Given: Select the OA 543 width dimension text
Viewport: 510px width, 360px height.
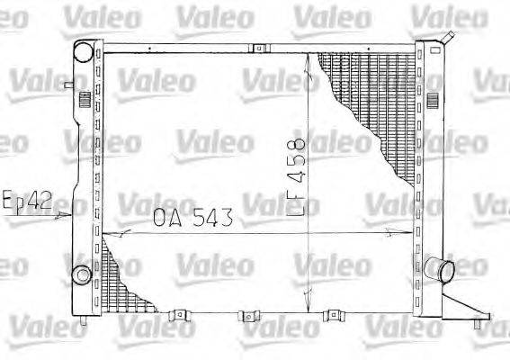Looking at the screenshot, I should coord(192,217).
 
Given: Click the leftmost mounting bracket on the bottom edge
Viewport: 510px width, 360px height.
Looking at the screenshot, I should coord(180,315).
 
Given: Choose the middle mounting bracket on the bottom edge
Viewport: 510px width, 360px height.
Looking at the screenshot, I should coord(245,316).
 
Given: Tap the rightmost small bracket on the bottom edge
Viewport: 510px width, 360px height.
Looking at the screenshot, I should coord(333,315).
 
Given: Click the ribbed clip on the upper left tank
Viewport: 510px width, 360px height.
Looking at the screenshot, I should coord(84,98).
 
